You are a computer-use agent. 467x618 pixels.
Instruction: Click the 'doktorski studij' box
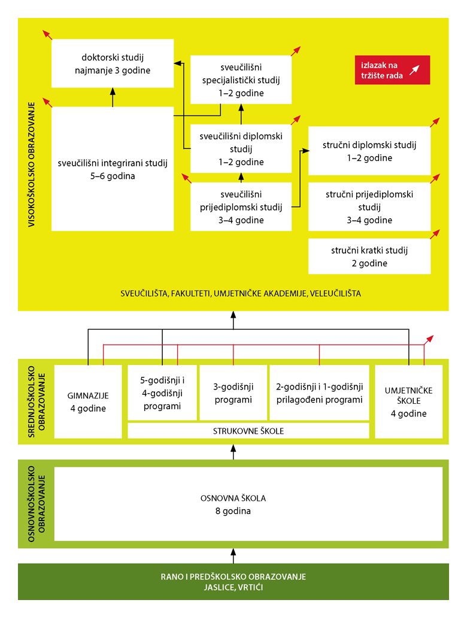pyautogui.click(x=113, y=63)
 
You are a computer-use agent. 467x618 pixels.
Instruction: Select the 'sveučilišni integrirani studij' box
pyautogui.click(x=113, y=169)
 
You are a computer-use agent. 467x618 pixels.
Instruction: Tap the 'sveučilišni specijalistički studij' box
pyautogui.click(x=241, y=80)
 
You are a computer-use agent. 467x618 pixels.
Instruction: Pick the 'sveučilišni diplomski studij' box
pyautogui.click(x=241, y=149)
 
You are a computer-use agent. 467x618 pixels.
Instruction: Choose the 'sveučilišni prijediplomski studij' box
pyautogui.click(x=241, y=207)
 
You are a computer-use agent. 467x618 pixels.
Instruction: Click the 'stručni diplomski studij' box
pyautogui.click(x=369, y=151)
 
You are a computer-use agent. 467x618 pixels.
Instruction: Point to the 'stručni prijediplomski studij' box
pyautogui.click(x=369, y=207)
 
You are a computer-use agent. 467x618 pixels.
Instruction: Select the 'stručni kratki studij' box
pyautogui.click(x=369, y=257)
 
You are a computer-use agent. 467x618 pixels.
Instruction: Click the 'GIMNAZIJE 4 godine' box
pyautogui.click(x=87, y=402)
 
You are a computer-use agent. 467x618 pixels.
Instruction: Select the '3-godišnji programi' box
pyautogui.click(x=233, y=393)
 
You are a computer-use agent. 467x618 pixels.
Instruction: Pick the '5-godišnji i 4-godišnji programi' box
pyautogui.click(x=162, y=393)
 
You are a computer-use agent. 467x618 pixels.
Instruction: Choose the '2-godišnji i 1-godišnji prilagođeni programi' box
pyautogui.click(x=319, y=393)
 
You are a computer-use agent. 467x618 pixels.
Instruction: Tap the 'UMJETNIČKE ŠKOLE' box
pyautogui.click(x=409, y=402)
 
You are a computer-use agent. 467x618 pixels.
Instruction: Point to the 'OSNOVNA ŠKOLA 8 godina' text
pyautogui.click(x=233, y=504)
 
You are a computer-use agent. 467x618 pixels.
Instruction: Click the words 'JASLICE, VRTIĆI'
pyautogui.click(x=233, y=588)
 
